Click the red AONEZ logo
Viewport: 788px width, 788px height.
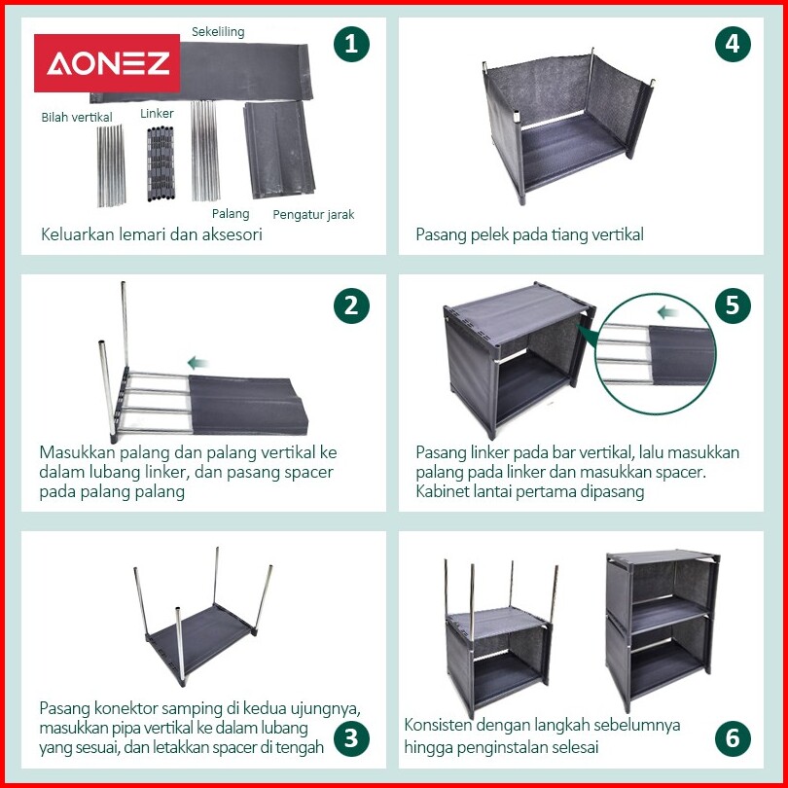pyautogui.click(x=107, y=63)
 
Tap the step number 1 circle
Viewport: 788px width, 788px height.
pyautogui.click(x=351, y=44)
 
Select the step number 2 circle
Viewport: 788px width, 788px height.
pyautogui.click(x=351, y=306)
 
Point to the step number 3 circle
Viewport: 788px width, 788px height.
pyautogui.click(x=351, y=738)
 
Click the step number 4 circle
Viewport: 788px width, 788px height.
pyautogui.click(x=733, y=44)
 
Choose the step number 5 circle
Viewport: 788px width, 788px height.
pyautogui.click(x=733, y=306)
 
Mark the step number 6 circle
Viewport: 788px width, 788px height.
pyautogui.click(x=733, y=738)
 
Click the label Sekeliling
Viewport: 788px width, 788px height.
pyautogui.click(x=218, y=32)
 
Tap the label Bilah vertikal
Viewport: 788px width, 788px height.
pyautogui.click(x=77, y=117)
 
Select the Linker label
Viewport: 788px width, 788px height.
pyautogui.click(x=157, y=114)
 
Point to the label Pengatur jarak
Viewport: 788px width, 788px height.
pyautogui.click(x=313, y=215)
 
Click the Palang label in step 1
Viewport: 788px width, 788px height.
pyautogui.click(x=231, y=214)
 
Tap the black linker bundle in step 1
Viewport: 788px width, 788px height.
pyautogui.click(x=161, y=163)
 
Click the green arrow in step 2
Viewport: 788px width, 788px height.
pyautogui.click(x=198, y=362)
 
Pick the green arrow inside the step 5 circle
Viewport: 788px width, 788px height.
pyautogui.click(x=668, y=312)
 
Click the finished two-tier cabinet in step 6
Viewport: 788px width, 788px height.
pyautogui.click(x=663, y=629)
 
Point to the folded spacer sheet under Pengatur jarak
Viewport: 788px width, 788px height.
pyautogui.click(x=279, y=150)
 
